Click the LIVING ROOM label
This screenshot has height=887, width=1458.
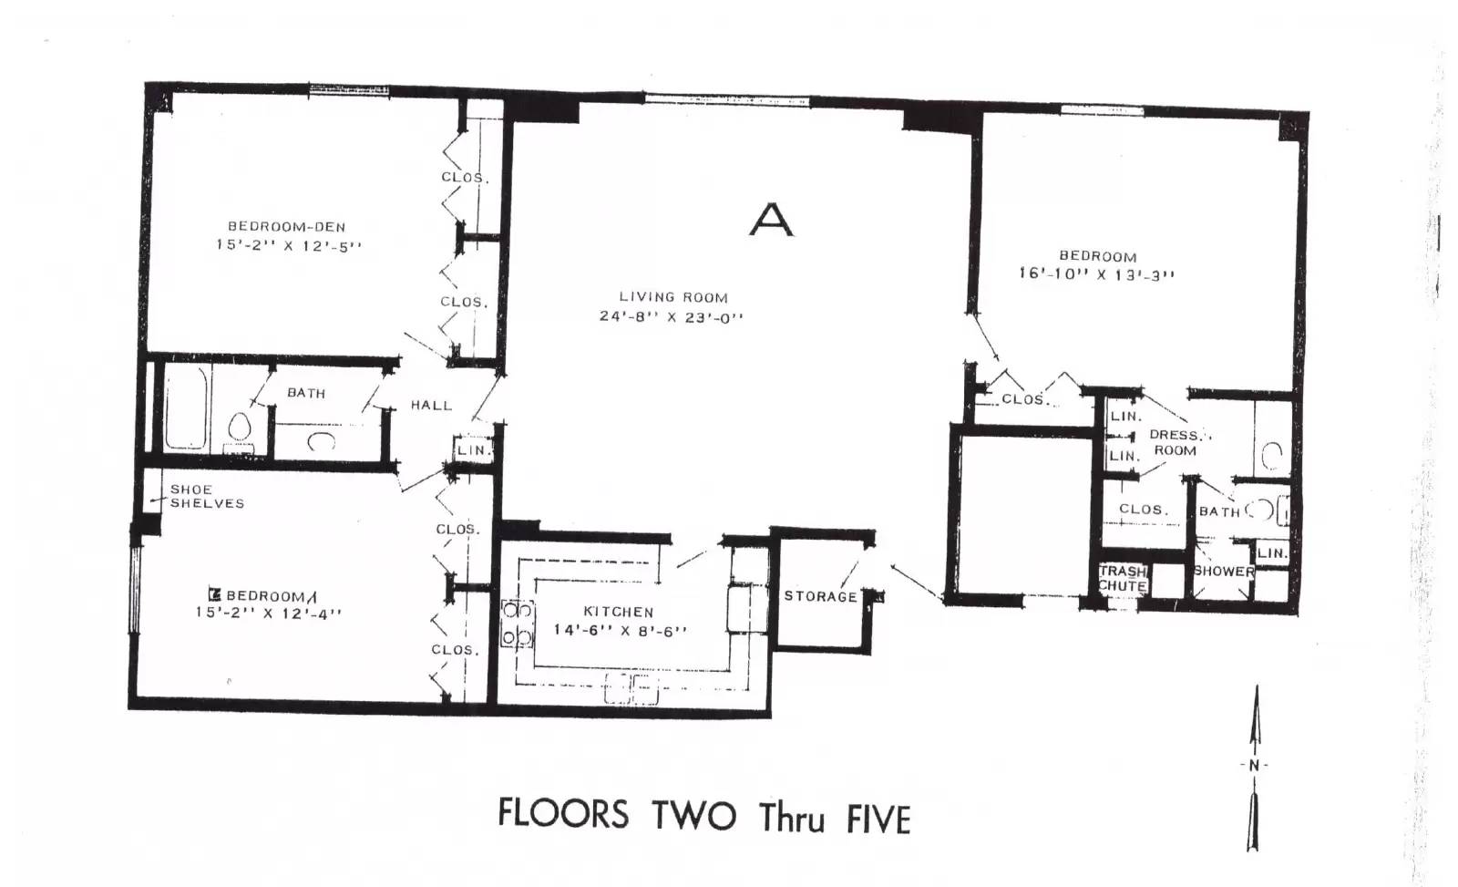click(673, 297)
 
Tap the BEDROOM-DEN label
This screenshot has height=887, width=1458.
click(286, 227)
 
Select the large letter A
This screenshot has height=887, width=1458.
click(771, 220)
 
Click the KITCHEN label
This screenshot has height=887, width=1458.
click(619, 612)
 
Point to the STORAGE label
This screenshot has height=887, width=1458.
click(821, 596)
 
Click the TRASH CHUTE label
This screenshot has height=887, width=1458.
click(1123, 578)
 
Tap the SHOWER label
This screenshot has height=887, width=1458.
click(1225, 572)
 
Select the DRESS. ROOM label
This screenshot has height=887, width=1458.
click(1176, 443)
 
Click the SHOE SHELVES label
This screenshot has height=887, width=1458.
click(207, 496)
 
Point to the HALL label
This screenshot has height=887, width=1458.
click(432, 405)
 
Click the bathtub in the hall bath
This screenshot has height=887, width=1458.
click(186, 407)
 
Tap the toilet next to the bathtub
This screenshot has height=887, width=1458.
click(240, 429)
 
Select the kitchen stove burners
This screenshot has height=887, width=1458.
click(518, 624)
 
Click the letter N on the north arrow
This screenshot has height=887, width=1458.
click(1254, 766)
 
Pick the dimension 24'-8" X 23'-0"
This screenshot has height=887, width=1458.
click(671, 317)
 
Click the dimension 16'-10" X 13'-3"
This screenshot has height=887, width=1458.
click(1097, 274)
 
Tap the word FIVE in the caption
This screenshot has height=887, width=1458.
click(878, 820)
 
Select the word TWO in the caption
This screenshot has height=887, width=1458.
click(694, 816)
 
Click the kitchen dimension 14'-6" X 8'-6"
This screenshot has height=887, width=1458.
click(621, 631)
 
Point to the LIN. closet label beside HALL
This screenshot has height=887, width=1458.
click(473, 450)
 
